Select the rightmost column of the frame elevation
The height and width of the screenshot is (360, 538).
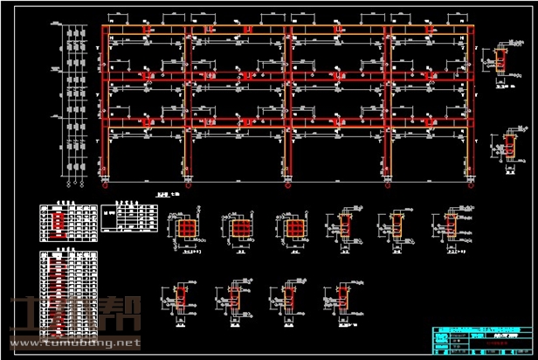[474, 105]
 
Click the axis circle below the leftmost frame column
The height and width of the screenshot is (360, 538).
[105, 184]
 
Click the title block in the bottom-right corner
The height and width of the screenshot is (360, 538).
[480, 341]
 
